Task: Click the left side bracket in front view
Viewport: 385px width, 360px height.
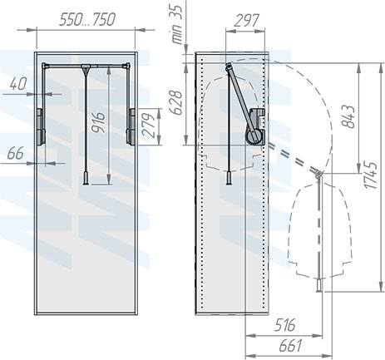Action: [39, 120]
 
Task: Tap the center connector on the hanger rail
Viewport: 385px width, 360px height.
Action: [86, 67]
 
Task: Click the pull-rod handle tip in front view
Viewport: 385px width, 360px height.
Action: [86, 178]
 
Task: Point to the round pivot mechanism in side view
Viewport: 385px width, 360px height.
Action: [253, 129]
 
